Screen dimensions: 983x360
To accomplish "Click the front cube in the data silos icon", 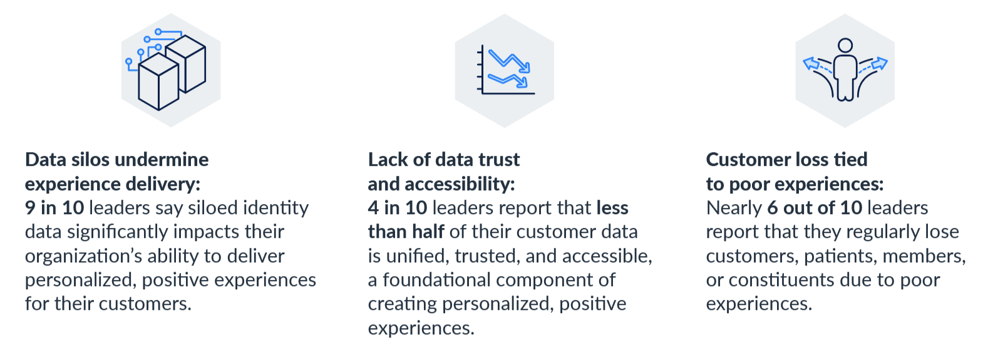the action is [158, 81].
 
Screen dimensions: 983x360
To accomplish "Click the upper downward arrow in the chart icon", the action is [509, 61].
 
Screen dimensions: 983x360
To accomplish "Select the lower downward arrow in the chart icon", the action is [507, 80].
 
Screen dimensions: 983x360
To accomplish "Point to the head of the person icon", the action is [845, 46].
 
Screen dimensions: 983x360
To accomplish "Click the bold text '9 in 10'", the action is [54, 208].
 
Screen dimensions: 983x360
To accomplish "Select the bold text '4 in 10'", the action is [398, 208].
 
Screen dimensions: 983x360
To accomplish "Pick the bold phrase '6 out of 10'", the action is [815, 208].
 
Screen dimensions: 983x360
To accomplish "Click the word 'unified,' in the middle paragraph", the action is [418, 257].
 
